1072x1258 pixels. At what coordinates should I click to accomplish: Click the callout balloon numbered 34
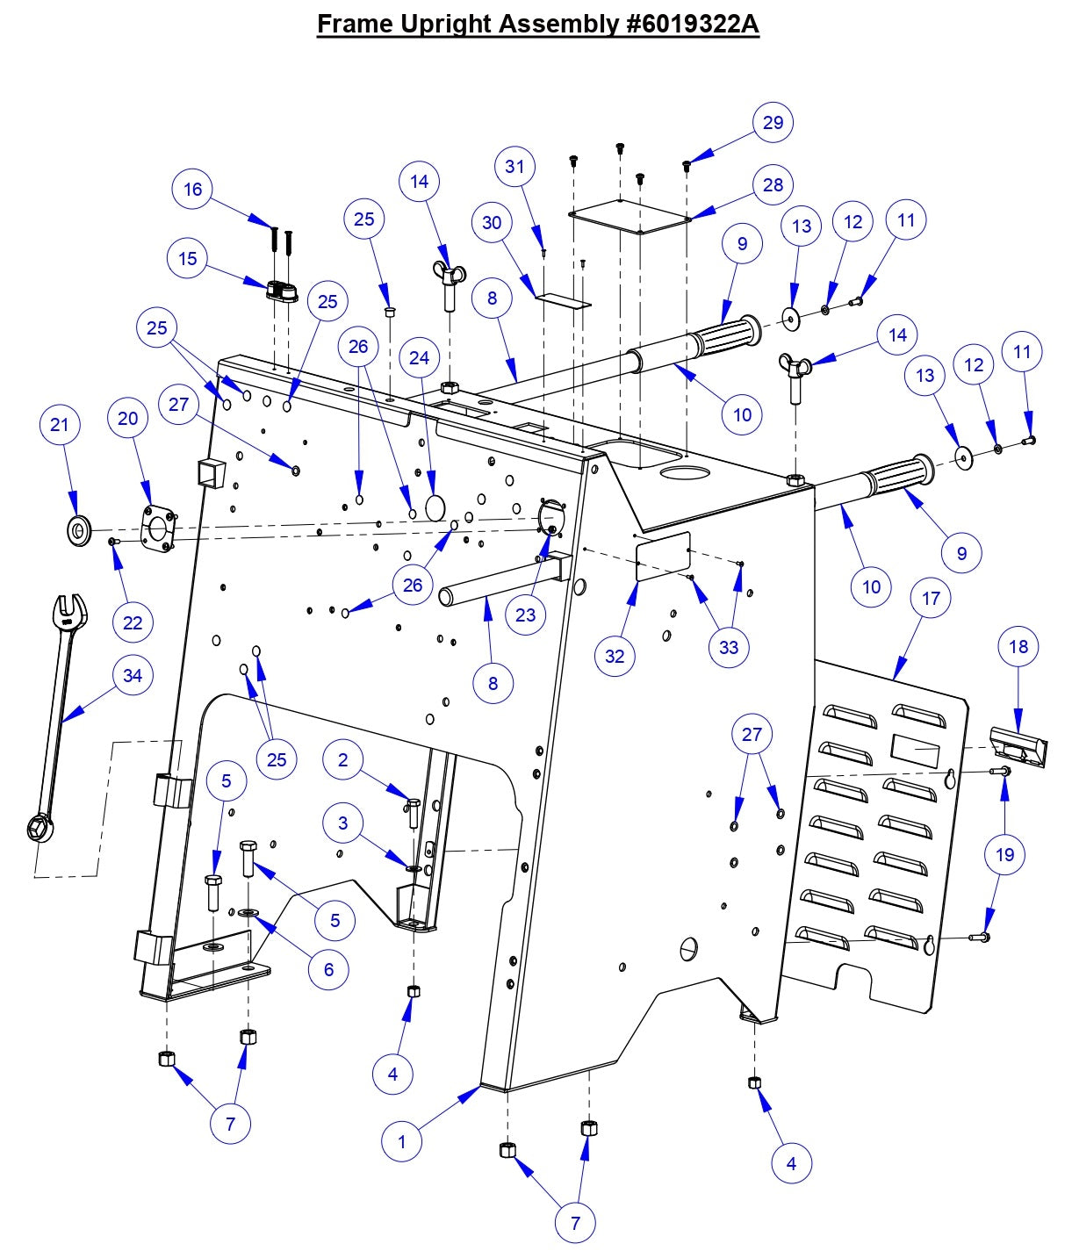pos(133,675)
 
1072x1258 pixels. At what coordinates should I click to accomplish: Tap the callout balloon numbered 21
pos(59,425)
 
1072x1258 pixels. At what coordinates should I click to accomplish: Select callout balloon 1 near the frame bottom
pos(402,1141)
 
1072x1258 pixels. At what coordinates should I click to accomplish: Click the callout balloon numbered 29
pos(773,122)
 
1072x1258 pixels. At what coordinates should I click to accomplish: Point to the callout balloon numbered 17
pos(931,598)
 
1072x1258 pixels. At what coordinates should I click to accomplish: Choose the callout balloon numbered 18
pos(1018,647)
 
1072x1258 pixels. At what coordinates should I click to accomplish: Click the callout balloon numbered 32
pos(615,656)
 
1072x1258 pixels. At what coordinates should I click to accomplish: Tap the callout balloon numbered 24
pos(420,357)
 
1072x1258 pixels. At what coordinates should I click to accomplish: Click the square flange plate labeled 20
pos(158,528)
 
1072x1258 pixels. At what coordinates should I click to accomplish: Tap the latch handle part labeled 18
pos(1018,748)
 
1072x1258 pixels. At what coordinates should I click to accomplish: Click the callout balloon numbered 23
pos(525,615)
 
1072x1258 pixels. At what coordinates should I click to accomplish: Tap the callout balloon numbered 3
pos(343,823)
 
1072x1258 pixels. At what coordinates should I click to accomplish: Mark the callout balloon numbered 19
pos(1005,854)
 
